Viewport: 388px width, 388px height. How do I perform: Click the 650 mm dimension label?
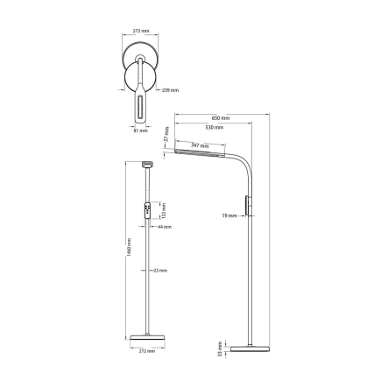point(220,117)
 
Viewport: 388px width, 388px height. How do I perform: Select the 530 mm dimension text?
point(214,128)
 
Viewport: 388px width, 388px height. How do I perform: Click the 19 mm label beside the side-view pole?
point(231,213)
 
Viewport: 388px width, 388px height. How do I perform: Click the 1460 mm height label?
point(128,254)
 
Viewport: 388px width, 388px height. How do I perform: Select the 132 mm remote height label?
point(163,212)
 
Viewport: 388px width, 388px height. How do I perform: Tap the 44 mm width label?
point(165,226)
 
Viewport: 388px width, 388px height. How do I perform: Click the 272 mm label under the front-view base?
point(147,350)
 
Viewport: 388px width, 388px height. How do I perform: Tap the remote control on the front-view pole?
point(148,212)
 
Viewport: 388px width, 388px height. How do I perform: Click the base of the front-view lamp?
point(146,337)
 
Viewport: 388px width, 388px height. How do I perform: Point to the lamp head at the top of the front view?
point(148,164)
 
